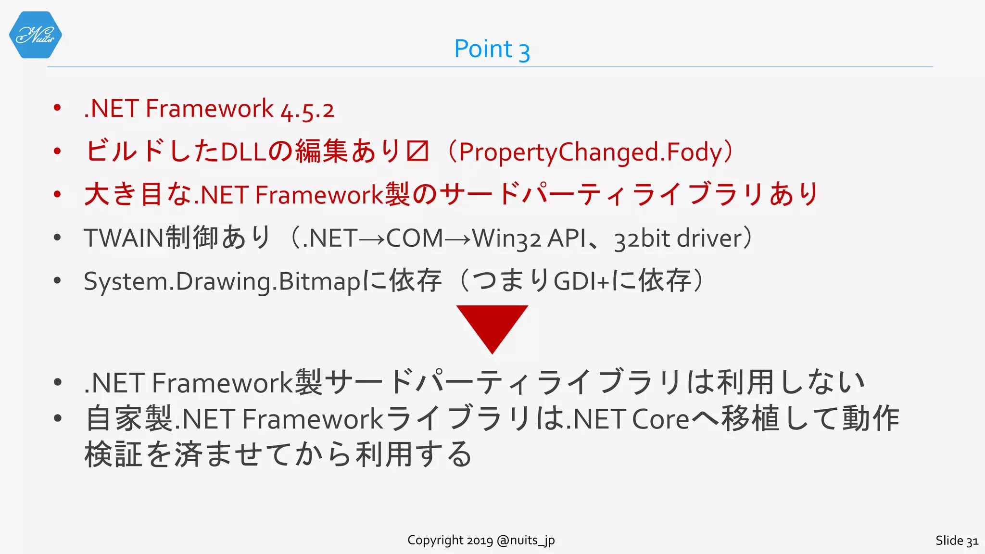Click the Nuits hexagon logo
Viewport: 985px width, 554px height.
(35, 35)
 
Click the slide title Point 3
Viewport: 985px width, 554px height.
(492, 49)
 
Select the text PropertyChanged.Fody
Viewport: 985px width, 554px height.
(591, 152)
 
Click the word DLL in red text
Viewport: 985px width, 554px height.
(243, 152)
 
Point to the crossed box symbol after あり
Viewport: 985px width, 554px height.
(417, 152)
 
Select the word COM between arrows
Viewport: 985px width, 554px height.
(414, 239)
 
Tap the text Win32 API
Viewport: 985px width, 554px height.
(529, 239)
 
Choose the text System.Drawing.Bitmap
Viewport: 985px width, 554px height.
(221, 281)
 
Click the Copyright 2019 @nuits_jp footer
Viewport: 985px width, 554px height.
(481, 540)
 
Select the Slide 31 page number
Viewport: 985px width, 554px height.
(956, 541)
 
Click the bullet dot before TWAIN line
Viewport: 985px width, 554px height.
(57, 238)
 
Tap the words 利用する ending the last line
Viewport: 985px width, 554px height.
(414, 454)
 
